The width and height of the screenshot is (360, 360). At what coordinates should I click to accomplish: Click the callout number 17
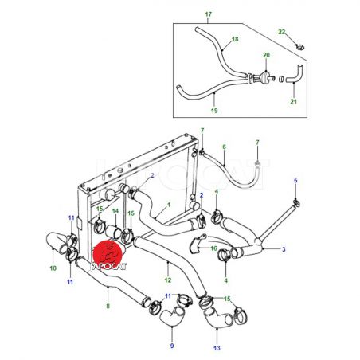click(209, 14)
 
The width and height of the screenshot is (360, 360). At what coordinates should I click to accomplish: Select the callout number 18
click(235, 39)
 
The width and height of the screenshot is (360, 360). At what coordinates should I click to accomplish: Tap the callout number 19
click(214, 110)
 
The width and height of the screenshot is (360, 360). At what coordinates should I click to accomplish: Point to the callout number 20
click(266, 55)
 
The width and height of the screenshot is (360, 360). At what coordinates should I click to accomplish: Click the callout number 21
click(293, 101)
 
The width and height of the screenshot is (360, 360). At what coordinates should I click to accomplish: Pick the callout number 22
click(281, 32)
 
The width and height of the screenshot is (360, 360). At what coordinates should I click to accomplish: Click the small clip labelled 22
click(300, 47)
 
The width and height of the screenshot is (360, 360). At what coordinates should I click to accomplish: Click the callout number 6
click(225, 147)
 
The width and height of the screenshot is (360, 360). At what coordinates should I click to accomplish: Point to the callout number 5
click(295, 180)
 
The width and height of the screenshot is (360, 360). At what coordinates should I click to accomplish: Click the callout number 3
click(284, 249)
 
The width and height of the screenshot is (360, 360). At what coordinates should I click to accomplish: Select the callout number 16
click(213, 248)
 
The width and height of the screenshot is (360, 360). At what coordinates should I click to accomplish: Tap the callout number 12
click(168, 280)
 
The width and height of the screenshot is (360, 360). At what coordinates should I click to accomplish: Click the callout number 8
click(108, 306)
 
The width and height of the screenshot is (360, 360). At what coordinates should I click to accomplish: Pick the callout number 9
click(172, 346)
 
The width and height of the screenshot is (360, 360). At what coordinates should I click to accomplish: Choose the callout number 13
click(217, 348)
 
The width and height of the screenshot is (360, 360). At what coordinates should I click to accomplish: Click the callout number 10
click(53, 268)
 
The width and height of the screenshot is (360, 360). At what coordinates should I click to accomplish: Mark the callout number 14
click(115, 211)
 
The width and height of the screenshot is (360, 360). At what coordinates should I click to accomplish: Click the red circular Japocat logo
click(108, 255)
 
